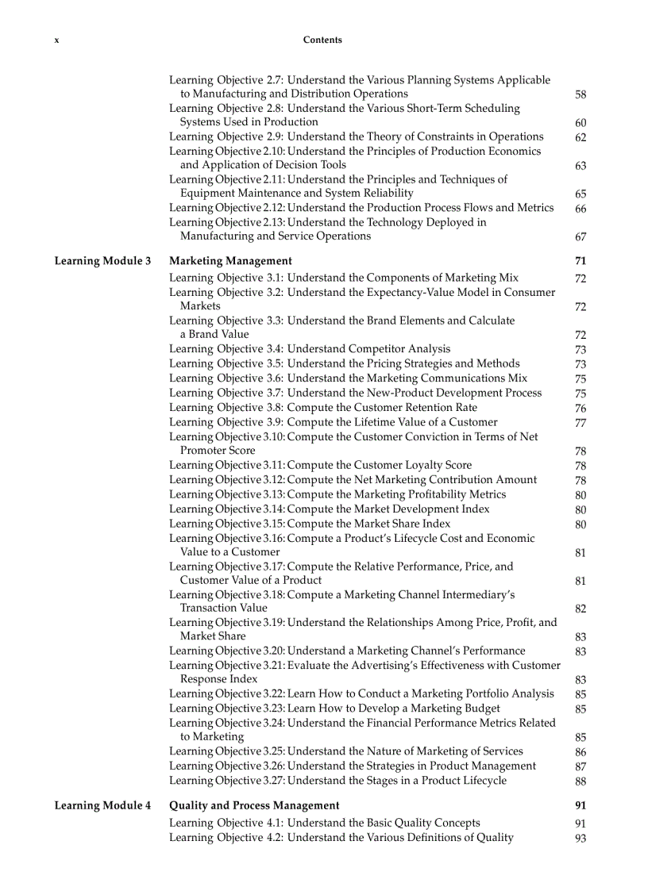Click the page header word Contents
click(x=322, y=40)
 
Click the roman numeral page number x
click(x=56, y=40)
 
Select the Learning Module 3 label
click(x=102, y=261)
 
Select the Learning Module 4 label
click(x=102, y=805)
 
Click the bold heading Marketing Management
click(x=230, y=261)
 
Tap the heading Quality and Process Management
click(x=254, y=805)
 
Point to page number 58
click(x=580, y=94)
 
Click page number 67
click(x=580, y=236)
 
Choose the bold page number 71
click(x=580, y=261)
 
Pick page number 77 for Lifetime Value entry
click(x=580, y=423)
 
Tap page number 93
click(x=580, y=838)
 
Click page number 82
click(x=580, y=609)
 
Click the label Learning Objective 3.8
click(x=226, y=408)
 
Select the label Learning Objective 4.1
click(x=226, y=823)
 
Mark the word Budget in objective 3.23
click(x=482, y=709)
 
